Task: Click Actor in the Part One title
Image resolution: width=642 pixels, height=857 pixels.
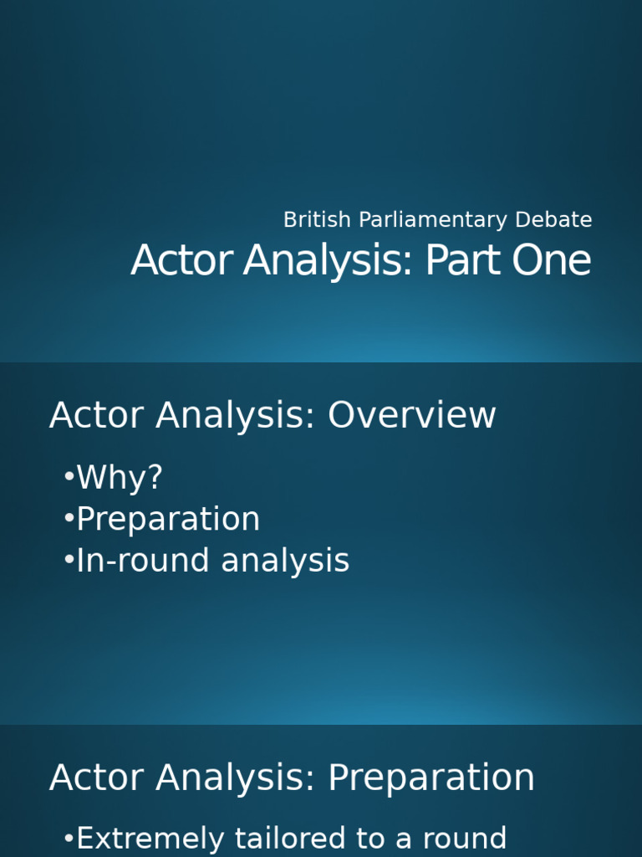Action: pyautogui.click(x=181, y=260)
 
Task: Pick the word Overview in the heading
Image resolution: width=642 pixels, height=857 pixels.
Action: pyautogui.click(x=412, y=416)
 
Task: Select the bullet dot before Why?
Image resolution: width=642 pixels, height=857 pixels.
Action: pyautogui.click(x=69, y=478)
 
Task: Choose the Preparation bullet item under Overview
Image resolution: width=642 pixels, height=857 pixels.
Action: pyautogui.click(x=168, y=520)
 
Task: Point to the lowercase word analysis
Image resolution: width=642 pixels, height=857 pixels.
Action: pyautogui.click(x=285, y=561)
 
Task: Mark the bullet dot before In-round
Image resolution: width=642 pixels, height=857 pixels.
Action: pyautogui.click(x=69, y=561)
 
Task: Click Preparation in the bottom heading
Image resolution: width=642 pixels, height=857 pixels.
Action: pyautogui.click(x=431, y=778)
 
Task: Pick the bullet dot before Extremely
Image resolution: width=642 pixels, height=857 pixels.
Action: pyautogui.click(x=69, y=839)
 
